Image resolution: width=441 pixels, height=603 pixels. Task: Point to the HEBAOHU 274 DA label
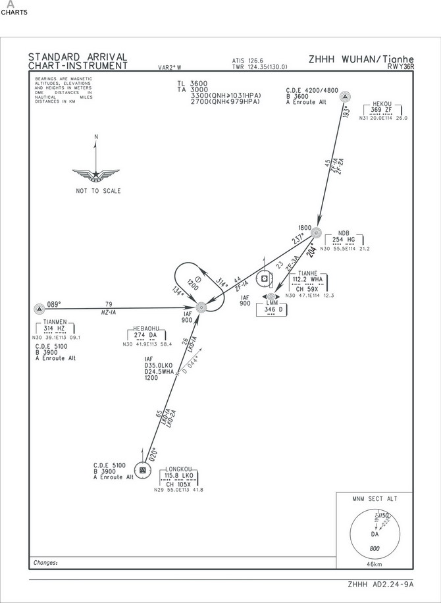pyautogui.click(x=145, y=334)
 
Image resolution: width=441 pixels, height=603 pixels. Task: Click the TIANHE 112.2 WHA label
pyautogui.click(x=307, y=279)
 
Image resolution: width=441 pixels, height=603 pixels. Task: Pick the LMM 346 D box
pyautogui.click(x=272, y=309)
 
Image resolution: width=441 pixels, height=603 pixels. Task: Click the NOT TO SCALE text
pyautogui.click(x=98, y=191)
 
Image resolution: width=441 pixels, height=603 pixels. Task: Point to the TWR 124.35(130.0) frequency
pyautogui.click(x=259, y=66)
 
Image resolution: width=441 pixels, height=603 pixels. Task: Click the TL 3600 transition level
pyautogui.click(x=192, y=83)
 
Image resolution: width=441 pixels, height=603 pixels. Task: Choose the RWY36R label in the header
pyautogui.click(x=399, y=66)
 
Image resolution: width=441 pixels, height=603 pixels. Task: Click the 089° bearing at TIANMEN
pyautogui.click(x=53, y=304)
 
